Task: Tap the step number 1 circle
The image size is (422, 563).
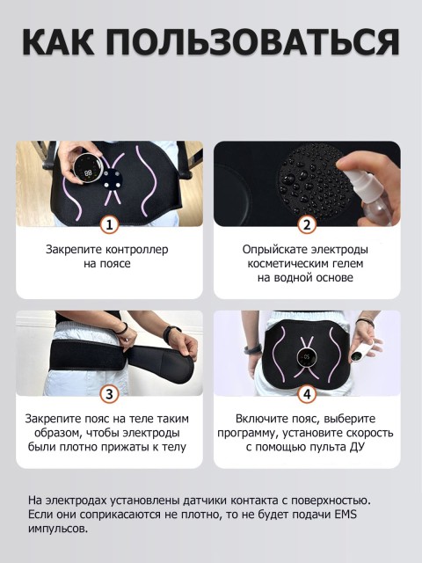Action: [108, 224]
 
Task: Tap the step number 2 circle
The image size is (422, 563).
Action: [306, 224]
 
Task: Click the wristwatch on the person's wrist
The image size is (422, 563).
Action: [172, 333]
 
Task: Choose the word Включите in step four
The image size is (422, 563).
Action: [262, 419]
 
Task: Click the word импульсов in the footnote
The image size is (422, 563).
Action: [58, 528]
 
